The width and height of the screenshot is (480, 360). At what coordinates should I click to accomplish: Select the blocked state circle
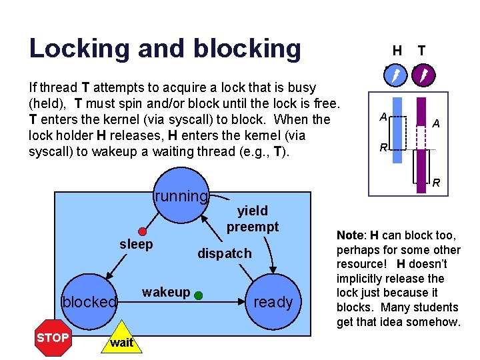tap(89, 302)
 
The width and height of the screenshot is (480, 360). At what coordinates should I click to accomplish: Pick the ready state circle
tap(273, 302)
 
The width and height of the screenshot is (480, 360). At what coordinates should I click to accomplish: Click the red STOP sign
tap(53, 337)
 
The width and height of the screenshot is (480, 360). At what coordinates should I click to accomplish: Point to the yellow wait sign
tap(121, 342)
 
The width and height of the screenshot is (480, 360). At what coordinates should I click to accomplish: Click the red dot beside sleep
tap(142, 231)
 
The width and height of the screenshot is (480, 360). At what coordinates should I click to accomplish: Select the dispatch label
tap(224, 253)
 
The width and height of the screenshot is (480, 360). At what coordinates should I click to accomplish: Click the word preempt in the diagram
tap(252, 227)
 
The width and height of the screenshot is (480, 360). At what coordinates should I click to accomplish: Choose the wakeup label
tap(166, 292)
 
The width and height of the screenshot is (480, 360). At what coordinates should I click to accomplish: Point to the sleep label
tap(136, 244)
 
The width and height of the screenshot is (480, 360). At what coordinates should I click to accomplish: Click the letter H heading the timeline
tap(397, 50)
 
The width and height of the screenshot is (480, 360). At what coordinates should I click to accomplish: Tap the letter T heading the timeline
tap(421, 50)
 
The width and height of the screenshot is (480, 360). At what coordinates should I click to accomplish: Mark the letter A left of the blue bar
tap(383, 117)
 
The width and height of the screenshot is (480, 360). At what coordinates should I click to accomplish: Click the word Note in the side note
tap(350, 235)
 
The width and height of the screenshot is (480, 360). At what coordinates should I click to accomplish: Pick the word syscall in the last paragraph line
tap(50, 151)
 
